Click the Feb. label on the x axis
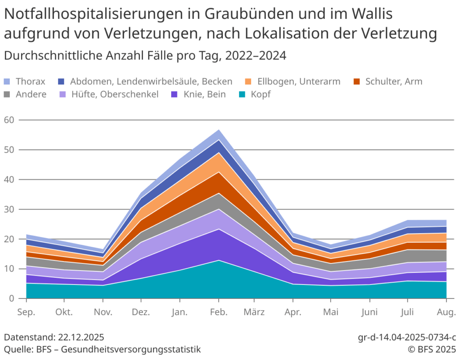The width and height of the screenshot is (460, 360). tap(219, 312)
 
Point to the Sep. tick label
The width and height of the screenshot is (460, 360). tap(27, 312)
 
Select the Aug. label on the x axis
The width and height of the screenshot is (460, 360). tap(447, 312)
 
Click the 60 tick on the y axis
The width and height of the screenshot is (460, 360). tap(9, 120)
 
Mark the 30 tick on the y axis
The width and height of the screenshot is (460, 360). tap(9, 209)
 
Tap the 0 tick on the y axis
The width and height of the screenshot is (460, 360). tap(12, 298)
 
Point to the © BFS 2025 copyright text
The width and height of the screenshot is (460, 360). tap(432, 349)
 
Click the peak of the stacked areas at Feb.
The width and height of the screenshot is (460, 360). tap(219, 130)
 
